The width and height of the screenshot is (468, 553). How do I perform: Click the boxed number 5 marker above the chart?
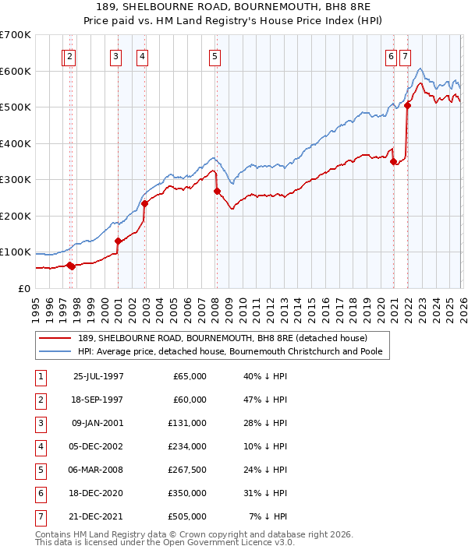tap(214, 55)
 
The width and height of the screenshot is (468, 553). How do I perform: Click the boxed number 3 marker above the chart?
tap(115, 55)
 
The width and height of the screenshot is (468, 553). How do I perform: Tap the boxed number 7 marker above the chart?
tap(406, 55)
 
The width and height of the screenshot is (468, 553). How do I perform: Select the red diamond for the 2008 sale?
tap(217, 192)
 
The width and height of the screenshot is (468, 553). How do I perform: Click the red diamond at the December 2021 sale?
tap(407, 105)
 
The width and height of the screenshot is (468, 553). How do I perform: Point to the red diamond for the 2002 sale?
tap(145, 203)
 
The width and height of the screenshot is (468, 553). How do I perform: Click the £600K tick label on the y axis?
tap(16, 71)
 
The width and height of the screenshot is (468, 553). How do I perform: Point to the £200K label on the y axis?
tap(16, 216)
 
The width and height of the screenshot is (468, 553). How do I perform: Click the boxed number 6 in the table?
tap(40, 493)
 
